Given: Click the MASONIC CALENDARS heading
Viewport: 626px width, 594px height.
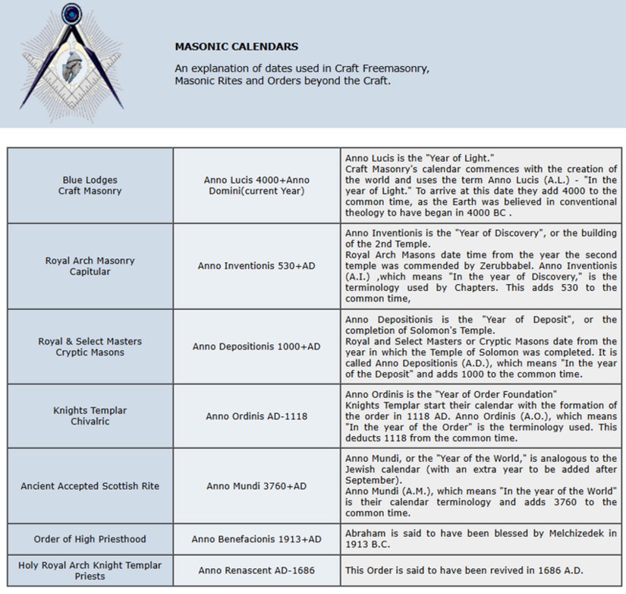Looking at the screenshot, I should (x=236, y=46).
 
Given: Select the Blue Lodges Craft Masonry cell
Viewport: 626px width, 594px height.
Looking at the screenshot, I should (x=90, y=185).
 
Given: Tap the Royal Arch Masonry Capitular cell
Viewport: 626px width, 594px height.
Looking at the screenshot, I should (x=90, y=266).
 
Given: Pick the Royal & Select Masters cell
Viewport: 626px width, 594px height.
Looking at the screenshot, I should (x=90, y=346).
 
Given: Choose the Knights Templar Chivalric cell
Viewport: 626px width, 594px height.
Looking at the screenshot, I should (x=90, y=415).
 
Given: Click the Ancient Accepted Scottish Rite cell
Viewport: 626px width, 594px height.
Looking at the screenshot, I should (x=90, y=485).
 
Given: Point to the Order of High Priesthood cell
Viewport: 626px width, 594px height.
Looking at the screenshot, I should (x=90, y=539).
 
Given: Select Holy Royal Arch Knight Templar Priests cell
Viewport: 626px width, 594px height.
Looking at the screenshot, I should (x=90, y=570).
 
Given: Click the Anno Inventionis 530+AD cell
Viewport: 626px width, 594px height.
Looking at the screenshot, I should (x=256, y=266).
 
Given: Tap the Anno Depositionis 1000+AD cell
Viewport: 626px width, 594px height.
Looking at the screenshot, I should (x=256, y=346).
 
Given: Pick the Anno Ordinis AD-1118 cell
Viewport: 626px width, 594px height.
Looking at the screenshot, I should (x=256, y=416).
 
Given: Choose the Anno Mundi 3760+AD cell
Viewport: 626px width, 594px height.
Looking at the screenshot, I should (x=256, y=485).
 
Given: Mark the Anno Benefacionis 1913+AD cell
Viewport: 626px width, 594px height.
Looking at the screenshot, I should (x=256, y=539).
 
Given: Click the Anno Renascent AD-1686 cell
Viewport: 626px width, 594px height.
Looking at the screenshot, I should (x=256, y=570).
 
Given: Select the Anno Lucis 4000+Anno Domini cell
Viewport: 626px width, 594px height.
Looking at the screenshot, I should (x=256, y=185).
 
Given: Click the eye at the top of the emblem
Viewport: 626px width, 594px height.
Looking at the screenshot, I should (x=73, y=13).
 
